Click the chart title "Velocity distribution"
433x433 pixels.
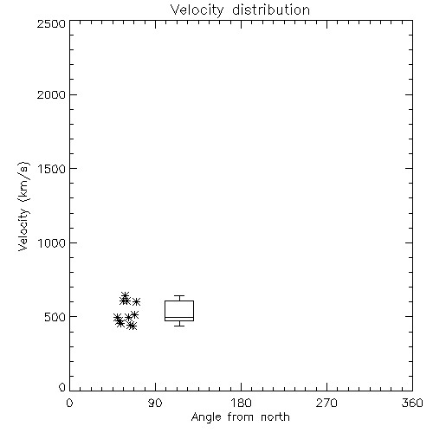tap(240, 10)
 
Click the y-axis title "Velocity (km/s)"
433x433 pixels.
tap(23, 206)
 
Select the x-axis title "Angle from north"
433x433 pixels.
tap(240, 417)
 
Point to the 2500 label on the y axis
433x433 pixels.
tap(51, 23)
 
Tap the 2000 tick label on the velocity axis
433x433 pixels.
tap(51, 94)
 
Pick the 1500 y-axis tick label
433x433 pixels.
tap(52, 169)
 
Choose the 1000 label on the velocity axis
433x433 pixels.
tap(52, 242)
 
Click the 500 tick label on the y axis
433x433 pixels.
tap(55, 317)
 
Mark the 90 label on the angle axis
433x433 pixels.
tap(155, 403)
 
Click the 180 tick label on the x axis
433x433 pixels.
tap(241, 403)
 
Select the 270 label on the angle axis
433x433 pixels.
tap(326, 403)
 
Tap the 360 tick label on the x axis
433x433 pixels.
tap(412, 403)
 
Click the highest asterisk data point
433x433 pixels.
tap(125, 295)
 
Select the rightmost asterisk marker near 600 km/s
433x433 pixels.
tap(136, 301)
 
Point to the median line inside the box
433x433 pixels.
tap(179, 317)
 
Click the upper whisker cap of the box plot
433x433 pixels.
tap(179, 295)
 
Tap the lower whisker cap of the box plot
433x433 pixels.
tap(179, 326)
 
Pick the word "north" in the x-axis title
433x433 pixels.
tap(275, 417)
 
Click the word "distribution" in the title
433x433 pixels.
tap(271, 10)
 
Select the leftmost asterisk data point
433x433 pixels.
tap(117, 318)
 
